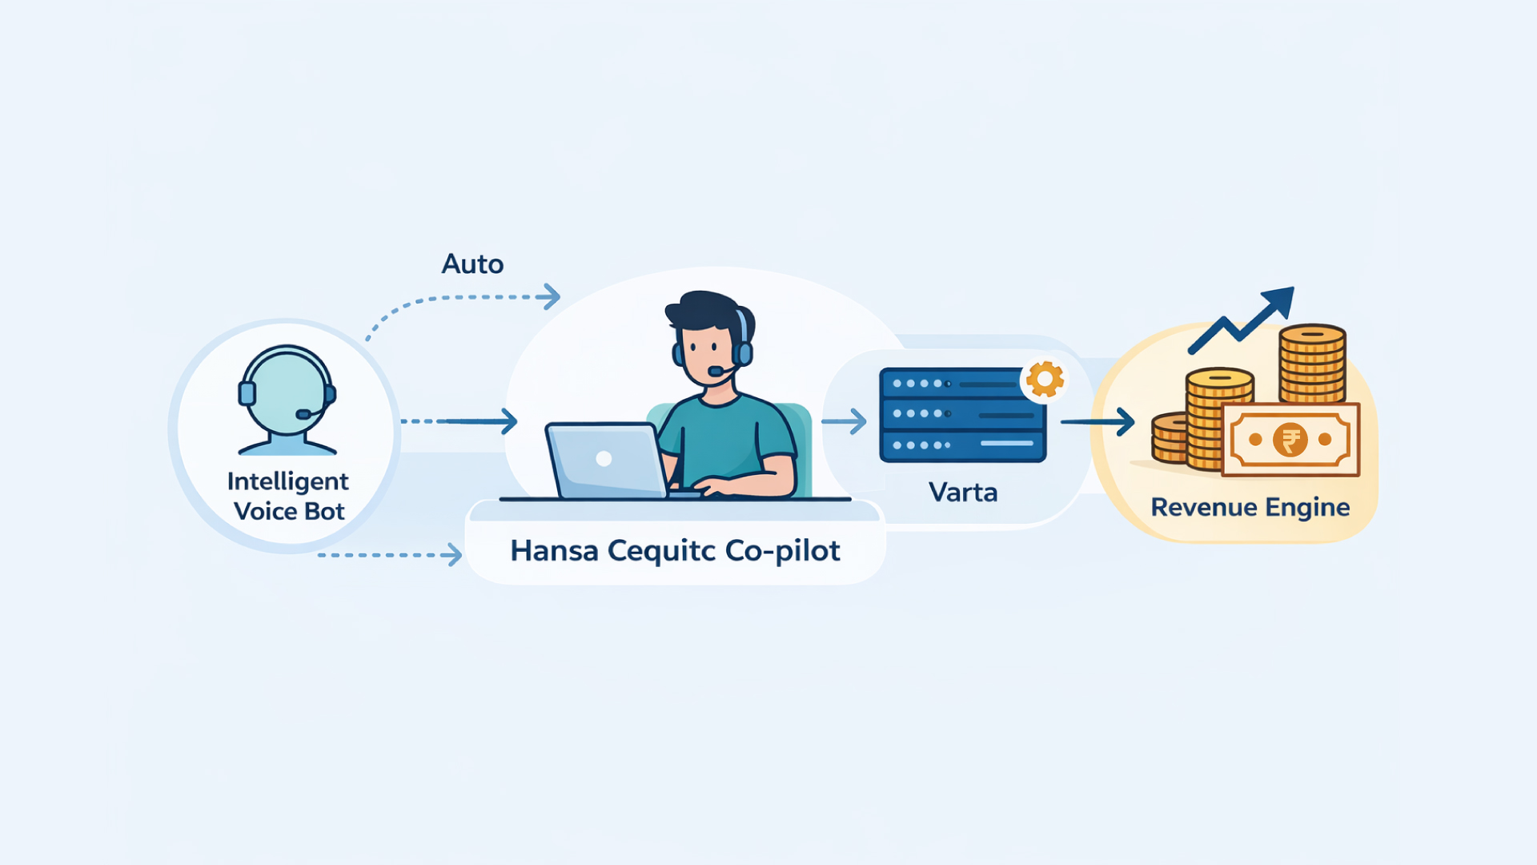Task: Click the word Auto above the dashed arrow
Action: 472,264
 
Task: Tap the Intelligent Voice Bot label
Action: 288,496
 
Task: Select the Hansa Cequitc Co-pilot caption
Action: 675,551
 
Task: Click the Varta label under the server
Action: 963,492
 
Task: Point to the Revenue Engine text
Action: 1250,507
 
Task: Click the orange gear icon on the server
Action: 1045,379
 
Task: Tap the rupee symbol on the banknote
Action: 1290,440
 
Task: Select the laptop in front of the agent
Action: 607,460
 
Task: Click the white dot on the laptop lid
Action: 604,459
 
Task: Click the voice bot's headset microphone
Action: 303,414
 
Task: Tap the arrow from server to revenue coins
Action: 1098,421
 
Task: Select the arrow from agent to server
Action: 845,421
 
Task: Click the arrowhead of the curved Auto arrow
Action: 551,297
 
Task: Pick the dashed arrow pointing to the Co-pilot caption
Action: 391,554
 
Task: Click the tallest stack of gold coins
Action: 1311,364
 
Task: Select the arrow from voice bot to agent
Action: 460,421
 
